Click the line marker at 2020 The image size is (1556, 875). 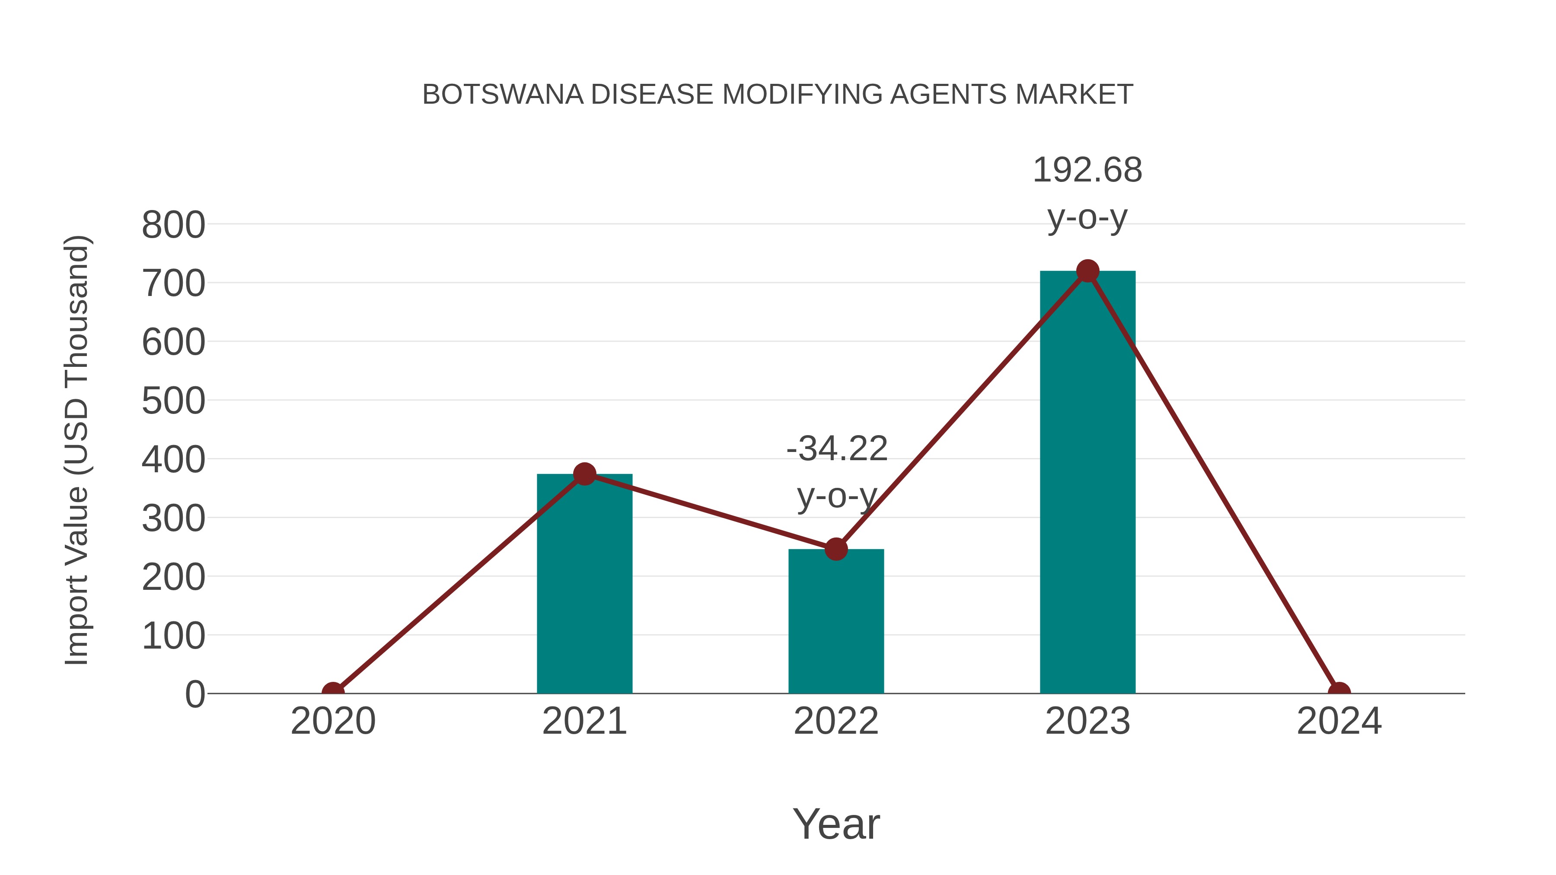[333, 692]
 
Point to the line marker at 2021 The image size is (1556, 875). [584, 474]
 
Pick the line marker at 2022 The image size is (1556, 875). [836, 549]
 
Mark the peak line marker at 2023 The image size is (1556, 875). [1087, 271]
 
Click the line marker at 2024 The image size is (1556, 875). [1339, 692]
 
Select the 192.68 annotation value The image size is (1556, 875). [1087, 170]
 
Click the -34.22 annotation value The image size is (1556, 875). [837, 449]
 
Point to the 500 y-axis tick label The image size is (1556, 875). [173, 401]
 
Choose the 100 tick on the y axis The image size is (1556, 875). [173, 636]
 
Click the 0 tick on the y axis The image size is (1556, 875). [195, 694]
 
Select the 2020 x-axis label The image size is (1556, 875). [333, 721]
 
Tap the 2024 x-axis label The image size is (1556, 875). [1339, 721]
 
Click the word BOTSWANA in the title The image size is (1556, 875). [503, 95]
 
